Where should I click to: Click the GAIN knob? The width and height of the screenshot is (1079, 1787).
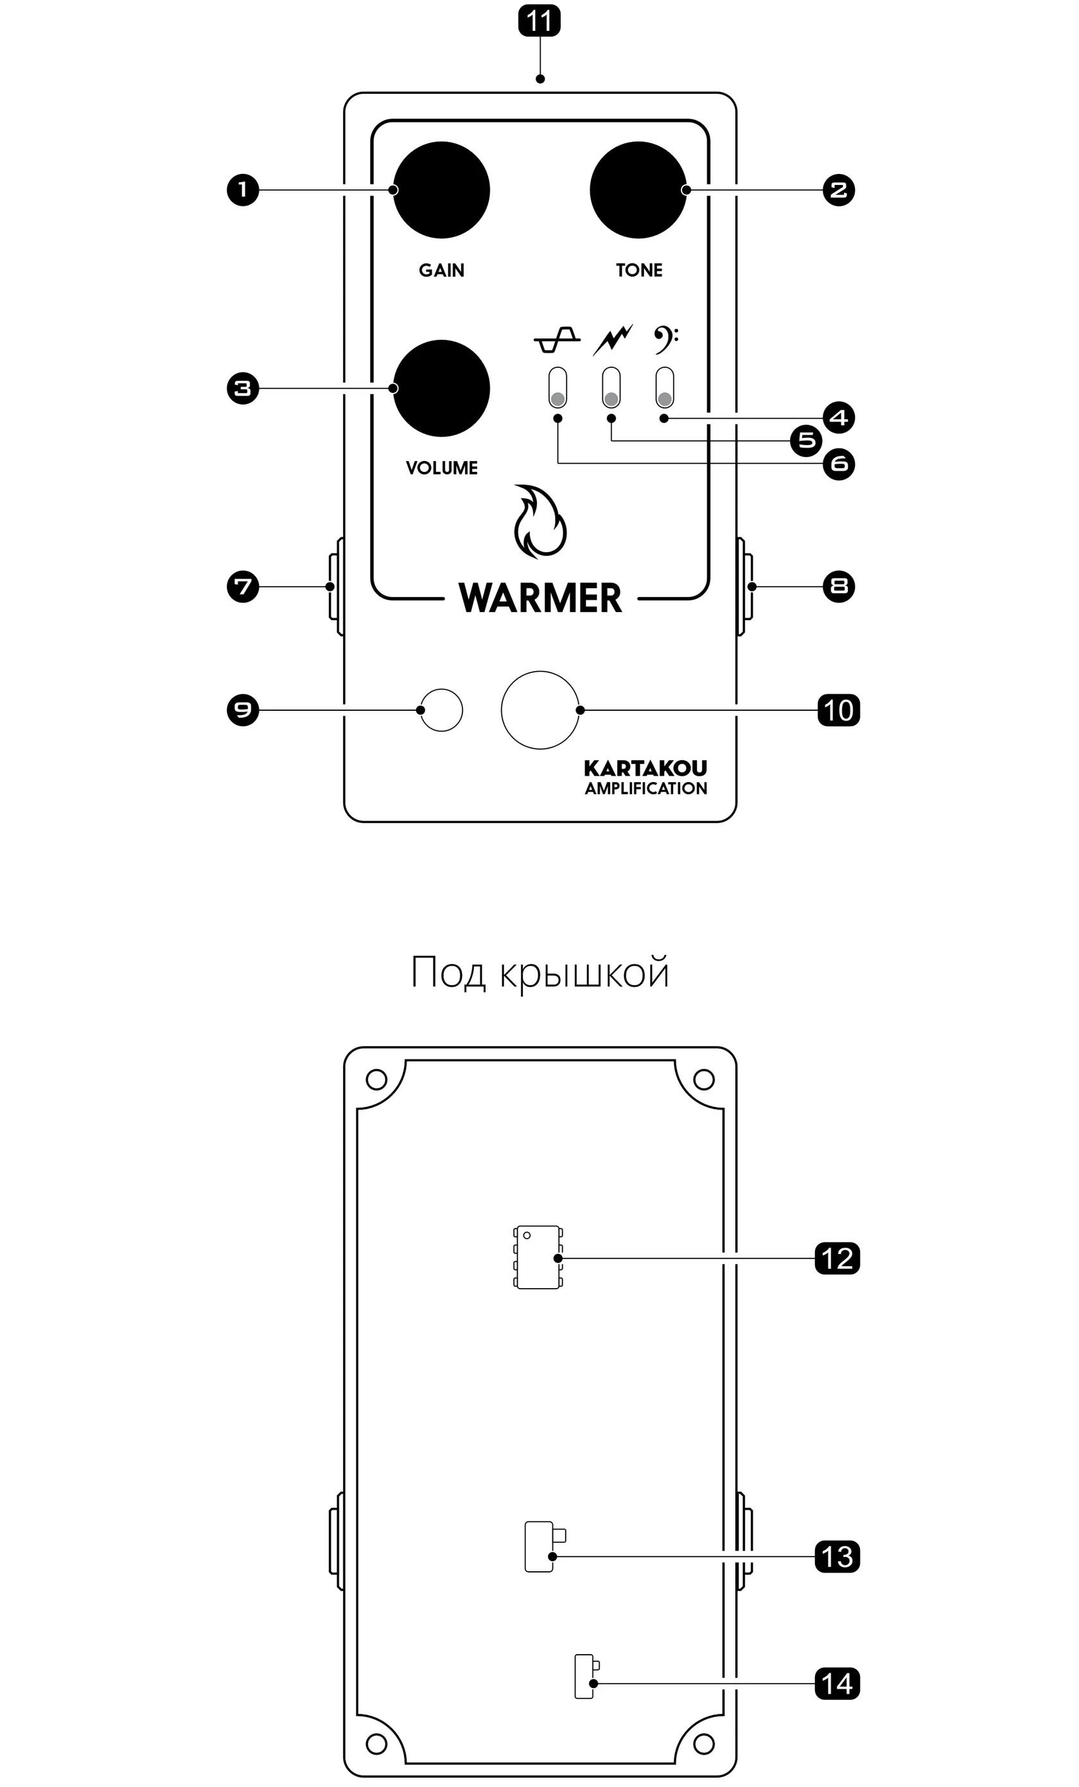point(441,190)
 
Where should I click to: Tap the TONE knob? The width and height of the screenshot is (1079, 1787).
point(638,190)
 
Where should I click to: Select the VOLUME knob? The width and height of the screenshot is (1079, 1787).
point(441,388)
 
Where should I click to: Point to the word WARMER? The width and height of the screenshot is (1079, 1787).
point(540,598)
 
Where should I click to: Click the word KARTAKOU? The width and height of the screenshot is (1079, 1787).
point(645,768)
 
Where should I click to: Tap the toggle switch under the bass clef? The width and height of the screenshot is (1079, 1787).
point(665,388)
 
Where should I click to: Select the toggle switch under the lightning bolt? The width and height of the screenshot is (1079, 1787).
point(611,388)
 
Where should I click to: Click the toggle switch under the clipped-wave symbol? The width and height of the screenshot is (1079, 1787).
point(557,388)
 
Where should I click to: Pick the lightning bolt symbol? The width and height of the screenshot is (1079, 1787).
point(613,340)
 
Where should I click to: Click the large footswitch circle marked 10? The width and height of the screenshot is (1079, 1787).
point(540,710)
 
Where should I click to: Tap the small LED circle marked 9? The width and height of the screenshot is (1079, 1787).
point(441,710)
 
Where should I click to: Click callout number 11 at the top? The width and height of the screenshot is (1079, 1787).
point(539,21)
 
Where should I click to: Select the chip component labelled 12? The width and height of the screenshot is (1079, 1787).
point(537,1259)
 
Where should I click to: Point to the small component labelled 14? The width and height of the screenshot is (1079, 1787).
point(584,1677)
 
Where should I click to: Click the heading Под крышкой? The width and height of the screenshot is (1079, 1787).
point(539,973)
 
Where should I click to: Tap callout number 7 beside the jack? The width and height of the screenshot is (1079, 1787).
point(243,587)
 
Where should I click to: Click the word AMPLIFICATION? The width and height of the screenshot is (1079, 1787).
point(646,789)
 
